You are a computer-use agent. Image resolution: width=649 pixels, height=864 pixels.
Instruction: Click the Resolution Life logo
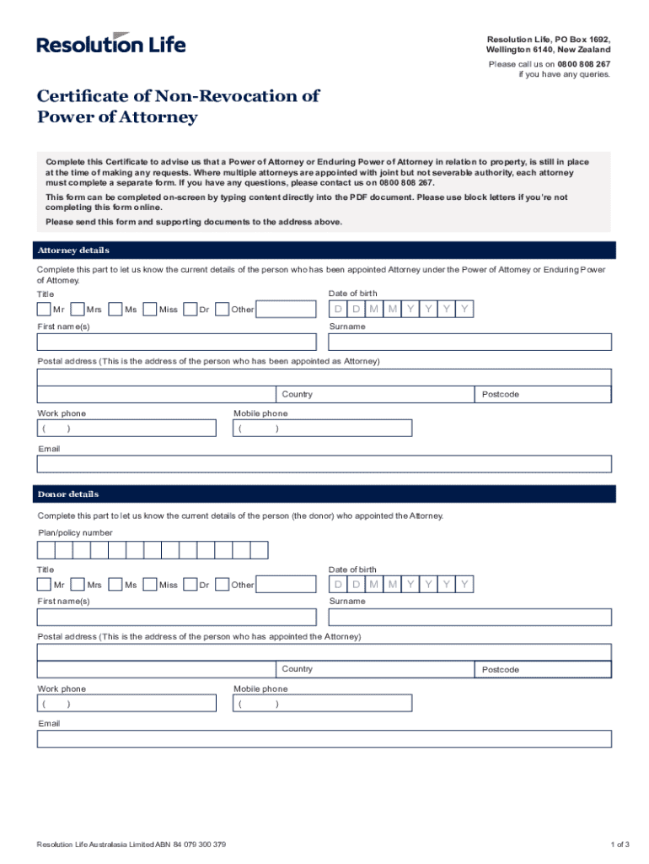[x=111, y=43]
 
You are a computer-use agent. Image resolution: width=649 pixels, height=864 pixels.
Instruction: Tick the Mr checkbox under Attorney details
[x=44, y=309]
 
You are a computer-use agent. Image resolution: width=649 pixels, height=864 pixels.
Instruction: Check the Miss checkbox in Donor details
[x=151, y=584]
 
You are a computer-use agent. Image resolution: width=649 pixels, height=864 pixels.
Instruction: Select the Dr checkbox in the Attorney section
[x=190, y=309]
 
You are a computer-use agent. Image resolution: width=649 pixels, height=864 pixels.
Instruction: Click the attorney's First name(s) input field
[x=177, y=342]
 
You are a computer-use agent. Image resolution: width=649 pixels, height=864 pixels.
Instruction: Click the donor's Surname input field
[x=469, y=617]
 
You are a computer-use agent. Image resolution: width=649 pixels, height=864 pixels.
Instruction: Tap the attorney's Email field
[x=324, y=464]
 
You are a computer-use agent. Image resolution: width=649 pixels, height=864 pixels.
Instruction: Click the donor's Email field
[x=324, y=739]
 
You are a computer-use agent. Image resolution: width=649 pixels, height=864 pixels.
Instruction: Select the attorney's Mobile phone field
[x=323, y=429]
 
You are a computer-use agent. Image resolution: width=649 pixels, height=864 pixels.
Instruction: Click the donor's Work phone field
[x=126, y=704]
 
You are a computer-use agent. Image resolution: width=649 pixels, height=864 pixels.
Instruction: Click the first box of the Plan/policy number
[x=46, y=550]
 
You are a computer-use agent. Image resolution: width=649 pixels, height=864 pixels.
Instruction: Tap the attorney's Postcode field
[x=543, y=395]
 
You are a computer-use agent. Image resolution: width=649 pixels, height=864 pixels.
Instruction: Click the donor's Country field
[x=375, y=669]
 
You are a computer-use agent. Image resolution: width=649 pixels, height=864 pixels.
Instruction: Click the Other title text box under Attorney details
[x=285, y=310]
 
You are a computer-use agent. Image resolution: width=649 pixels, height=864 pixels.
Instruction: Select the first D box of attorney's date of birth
[x=338, y=309]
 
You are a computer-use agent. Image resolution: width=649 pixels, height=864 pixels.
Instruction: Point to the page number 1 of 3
[x=620, y=845]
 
